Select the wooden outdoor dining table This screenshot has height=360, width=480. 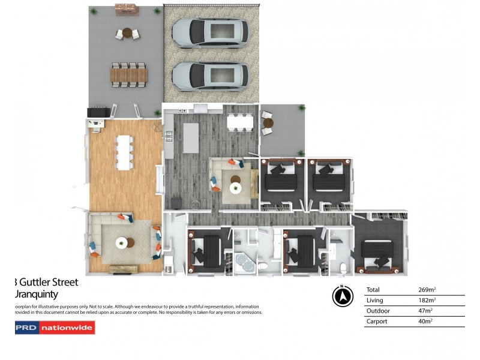128,74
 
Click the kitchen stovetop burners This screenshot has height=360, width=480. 182,112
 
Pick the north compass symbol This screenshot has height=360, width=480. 341,296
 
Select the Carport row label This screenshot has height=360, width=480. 377,322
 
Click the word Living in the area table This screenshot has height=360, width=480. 376,301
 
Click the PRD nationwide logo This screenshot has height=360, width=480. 55,328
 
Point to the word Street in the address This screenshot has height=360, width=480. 62,282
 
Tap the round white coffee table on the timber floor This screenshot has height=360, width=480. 123,243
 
